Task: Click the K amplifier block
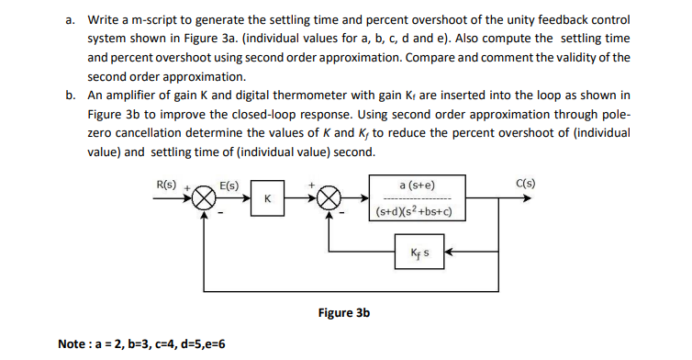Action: coord(266,198)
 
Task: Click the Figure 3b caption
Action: coord(343,312)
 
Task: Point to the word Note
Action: coord(73,343)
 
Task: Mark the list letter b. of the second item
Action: coord(70,96)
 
